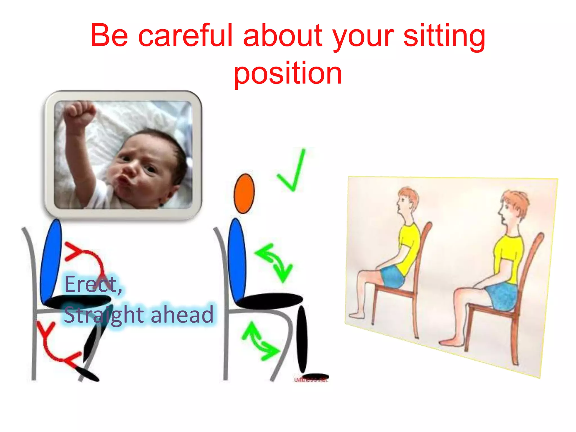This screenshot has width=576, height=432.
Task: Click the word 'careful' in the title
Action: pos(186,36)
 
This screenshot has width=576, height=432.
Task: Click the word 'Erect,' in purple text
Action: pos(93,284)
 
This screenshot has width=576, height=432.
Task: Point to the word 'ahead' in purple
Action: pos(182,315)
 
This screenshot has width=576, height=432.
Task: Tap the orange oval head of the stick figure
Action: pos(244,193)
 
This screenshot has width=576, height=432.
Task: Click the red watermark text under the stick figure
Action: pos(311,380)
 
